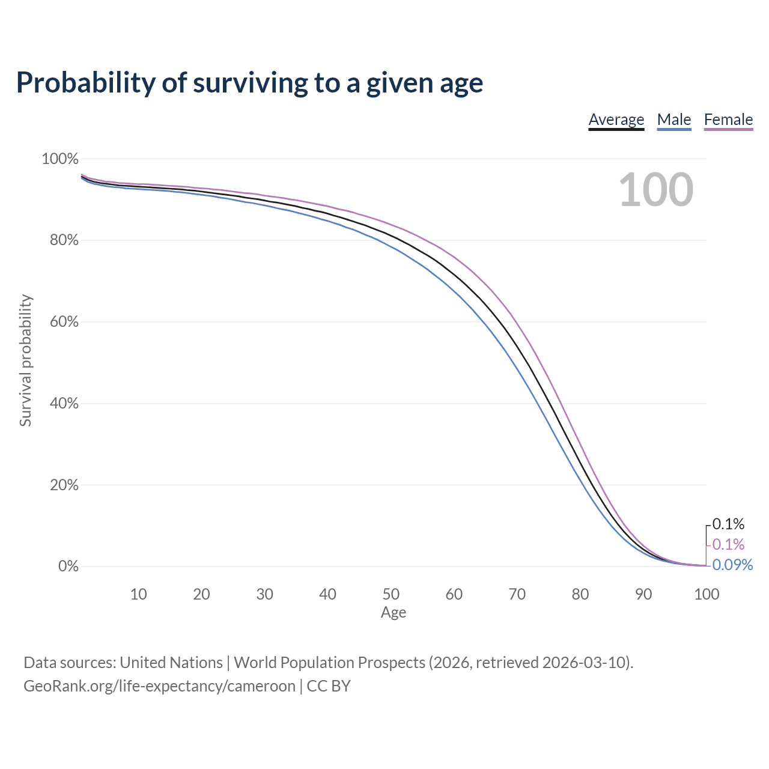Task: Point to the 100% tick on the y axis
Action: tap(60, 159)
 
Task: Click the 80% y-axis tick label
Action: tap(64, 240)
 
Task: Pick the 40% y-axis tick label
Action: tap(64, 403)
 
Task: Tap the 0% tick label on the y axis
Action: tap(68, 566)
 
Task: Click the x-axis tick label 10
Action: tap(138, 594)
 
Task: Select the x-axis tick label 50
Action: tap(391, 594)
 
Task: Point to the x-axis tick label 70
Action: tap(517, 594)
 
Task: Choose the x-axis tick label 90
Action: tap(643, 594)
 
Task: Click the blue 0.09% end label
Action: tap(732, 565)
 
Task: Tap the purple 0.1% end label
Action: tap(728, 544)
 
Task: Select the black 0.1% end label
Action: tap(728, 524)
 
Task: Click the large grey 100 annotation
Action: tap(656, 190)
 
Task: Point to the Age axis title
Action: tap(394, 613)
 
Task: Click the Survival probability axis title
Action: tap(26, 360)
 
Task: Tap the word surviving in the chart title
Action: tap(250, 83)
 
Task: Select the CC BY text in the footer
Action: tap(329, 686)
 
